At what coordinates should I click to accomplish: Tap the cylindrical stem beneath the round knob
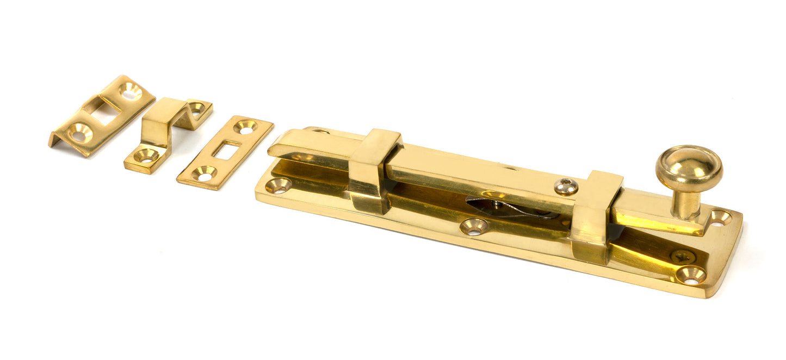(x=685, y=204)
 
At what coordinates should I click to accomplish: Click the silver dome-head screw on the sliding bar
(x=566, y=187)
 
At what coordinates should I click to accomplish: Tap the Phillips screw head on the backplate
(x=682, y=256)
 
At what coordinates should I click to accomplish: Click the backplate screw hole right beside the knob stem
(x=721, y=218)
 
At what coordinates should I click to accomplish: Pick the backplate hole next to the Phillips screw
(x=691, y=276)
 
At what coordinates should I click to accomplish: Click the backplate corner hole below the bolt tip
(x=278, y=185)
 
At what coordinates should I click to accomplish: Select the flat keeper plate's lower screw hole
(x=205, y=175)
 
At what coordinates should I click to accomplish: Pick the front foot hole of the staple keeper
(x=146, y=157)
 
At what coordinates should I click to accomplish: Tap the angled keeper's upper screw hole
(x=131, y=91)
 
